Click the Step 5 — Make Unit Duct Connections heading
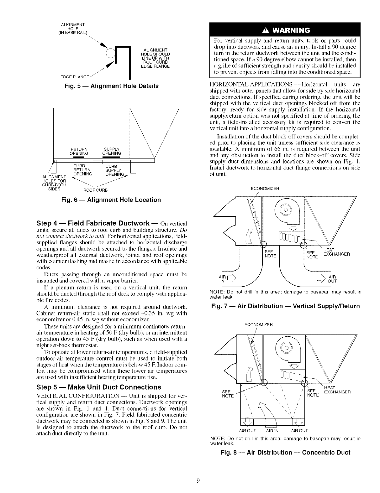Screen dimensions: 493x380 [99, 387]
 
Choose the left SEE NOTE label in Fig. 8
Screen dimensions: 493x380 [228, 394]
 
